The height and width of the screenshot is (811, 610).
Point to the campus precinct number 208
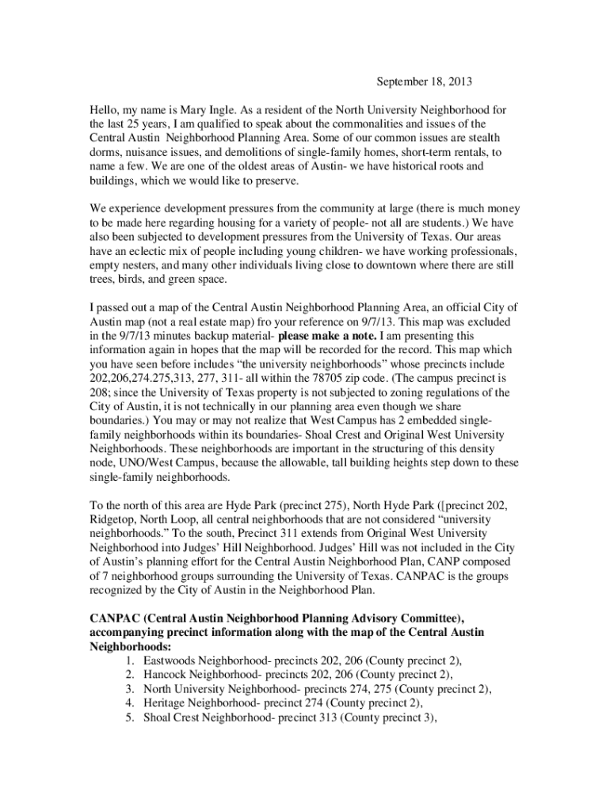pyautogui.click(x=98, y=393)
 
